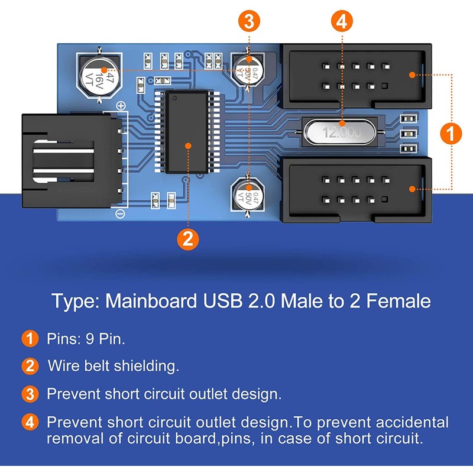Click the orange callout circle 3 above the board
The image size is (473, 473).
point(249,22)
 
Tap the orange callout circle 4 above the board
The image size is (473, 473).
point(341,22)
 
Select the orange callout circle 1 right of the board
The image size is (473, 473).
point(451,134)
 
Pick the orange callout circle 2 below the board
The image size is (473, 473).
point(187,239)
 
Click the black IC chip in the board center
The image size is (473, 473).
point(187,132)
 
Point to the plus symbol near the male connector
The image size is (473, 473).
point(121,106)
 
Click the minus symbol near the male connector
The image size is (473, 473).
point(120,213)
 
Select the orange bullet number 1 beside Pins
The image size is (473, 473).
point(30,339)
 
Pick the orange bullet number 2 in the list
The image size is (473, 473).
point(30,366)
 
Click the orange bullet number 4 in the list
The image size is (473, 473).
point(30,423)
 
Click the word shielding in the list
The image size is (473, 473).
point(145,365)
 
